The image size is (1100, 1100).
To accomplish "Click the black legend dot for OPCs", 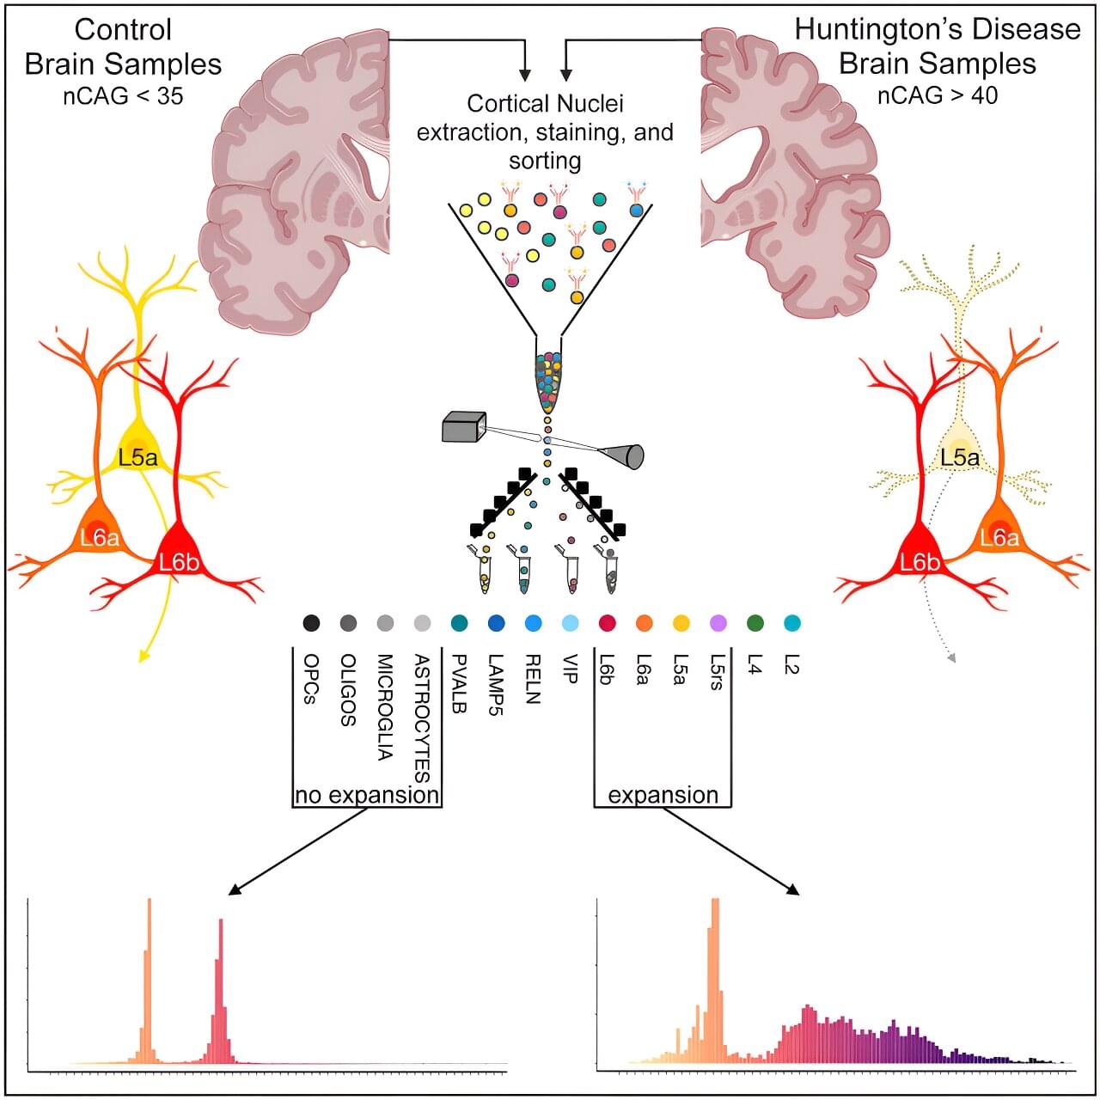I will (x=311, y=623).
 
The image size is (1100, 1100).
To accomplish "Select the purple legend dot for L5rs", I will (x=718, y=623).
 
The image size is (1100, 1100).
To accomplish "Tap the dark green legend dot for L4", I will (x=755, y=623).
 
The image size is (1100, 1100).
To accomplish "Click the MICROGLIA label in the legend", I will (x=384, y=708).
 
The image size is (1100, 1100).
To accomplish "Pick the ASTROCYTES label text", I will (x=421, y=718).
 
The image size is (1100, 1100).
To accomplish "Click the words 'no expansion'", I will (x=367, y=795).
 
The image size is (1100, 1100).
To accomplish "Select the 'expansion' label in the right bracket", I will (x=663, y=795).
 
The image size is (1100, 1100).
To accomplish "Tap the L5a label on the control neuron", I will (x=138, y=457).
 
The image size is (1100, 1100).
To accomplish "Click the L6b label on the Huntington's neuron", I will (x=920, y=563).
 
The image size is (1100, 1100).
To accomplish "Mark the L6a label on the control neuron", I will (x=100, y=539).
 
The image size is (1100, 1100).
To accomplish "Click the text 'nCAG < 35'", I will (x=123, y=95).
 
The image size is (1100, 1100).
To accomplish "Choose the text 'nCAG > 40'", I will (x=938, y=95).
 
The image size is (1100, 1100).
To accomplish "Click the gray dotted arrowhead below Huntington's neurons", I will (x=950, y=658).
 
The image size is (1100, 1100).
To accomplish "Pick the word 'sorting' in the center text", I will (x=545, y=161).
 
